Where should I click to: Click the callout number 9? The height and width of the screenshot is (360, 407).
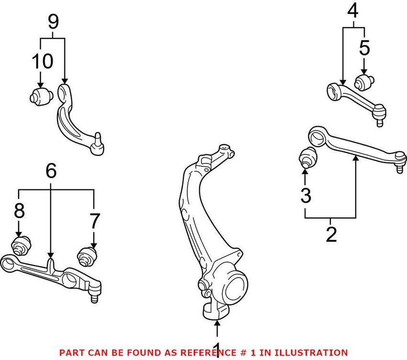[53, 21]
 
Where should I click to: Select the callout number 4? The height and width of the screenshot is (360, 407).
[353, 11]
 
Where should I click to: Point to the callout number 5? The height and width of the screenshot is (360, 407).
[365, 48]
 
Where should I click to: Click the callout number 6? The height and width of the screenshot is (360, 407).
[51, 170]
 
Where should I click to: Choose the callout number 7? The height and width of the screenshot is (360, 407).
[94, 221]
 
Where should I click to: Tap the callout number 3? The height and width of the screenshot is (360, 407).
[305, 195]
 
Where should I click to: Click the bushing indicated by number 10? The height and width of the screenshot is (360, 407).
[40, 96]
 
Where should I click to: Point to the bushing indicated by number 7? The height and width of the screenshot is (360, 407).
[87, 256]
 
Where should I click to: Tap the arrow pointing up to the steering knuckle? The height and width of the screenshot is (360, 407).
[217, 328]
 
